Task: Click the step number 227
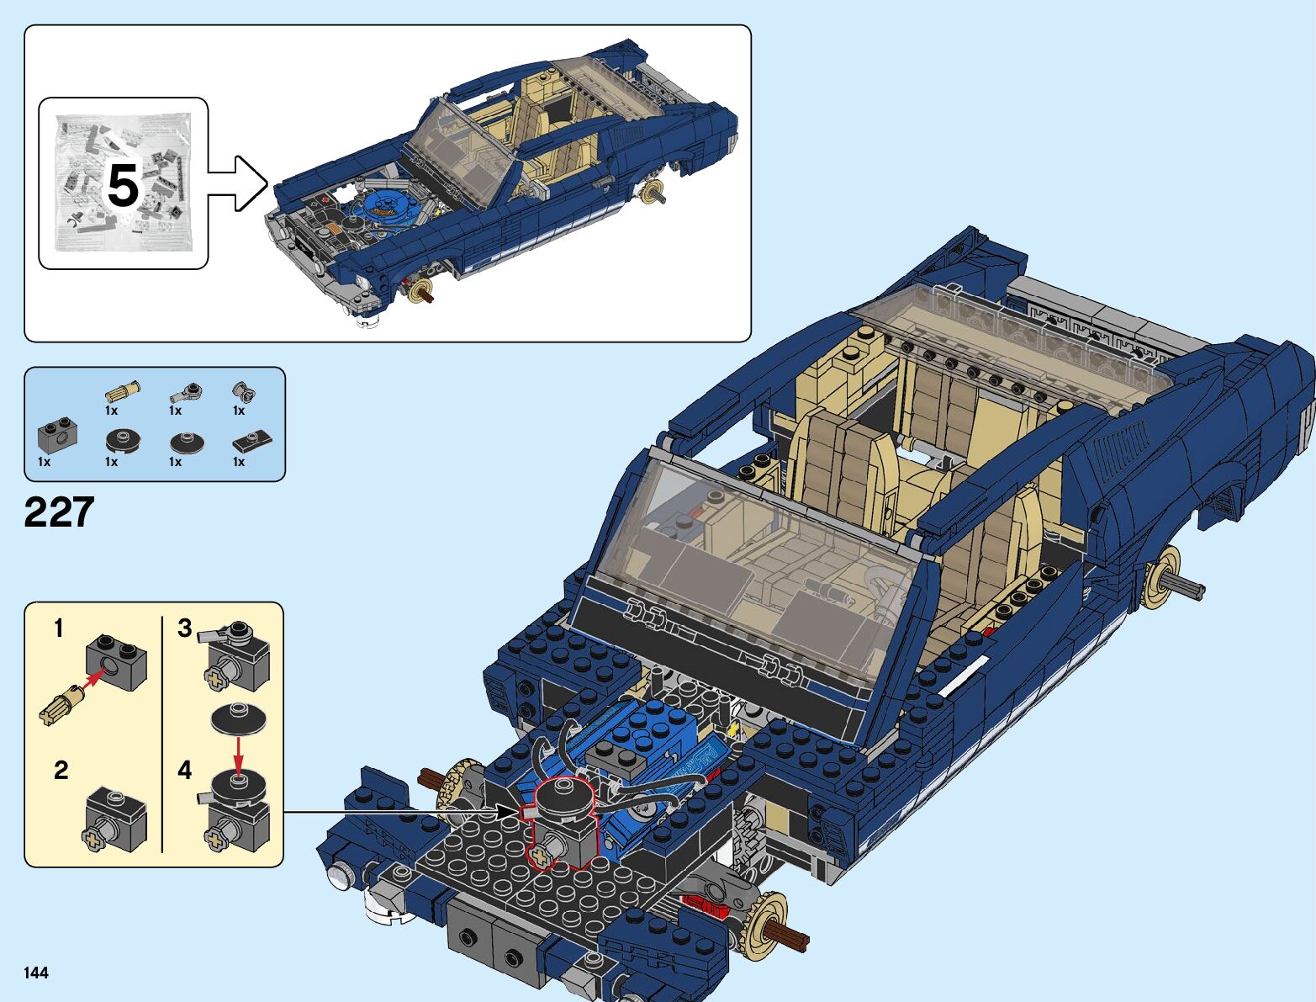59,512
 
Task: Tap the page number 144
36,973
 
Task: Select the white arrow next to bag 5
239,183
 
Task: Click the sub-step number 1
58,628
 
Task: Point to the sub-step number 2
61,770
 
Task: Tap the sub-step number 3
185,628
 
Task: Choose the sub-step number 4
185,770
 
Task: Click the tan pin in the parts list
122,391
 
